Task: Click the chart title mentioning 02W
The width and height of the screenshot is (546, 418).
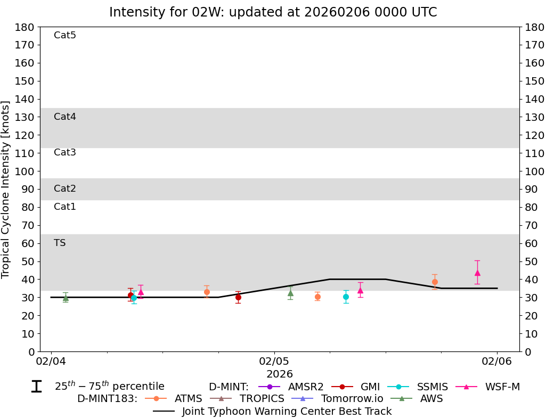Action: point(273,12)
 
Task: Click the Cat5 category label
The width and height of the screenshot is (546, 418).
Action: point(65,35)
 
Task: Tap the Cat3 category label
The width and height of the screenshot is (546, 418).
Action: point(65,152)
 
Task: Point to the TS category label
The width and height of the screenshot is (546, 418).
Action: point(60,243)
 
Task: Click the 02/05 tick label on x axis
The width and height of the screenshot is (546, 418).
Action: point(274,361)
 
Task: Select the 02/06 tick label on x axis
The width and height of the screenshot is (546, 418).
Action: point(497,361)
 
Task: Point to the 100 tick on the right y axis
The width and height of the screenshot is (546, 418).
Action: point(534,171)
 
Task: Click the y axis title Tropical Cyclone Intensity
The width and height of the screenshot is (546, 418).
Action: point(6,189)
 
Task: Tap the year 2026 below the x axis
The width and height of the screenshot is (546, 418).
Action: point(280,374)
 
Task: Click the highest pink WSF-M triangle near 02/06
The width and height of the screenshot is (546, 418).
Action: point(477,273)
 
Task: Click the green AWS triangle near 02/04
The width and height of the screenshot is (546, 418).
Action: point(66,298)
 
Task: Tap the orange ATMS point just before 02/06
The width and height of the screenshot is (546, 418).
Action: point(435,282)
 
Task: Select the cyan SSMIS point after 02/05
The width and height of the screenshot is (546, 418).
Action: point(346,297)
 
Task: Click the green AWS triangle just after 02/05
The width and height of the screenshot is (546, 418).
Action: point(290,292)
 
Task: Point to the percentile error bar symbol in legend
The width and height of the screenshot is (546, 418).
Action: point(36,387)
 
